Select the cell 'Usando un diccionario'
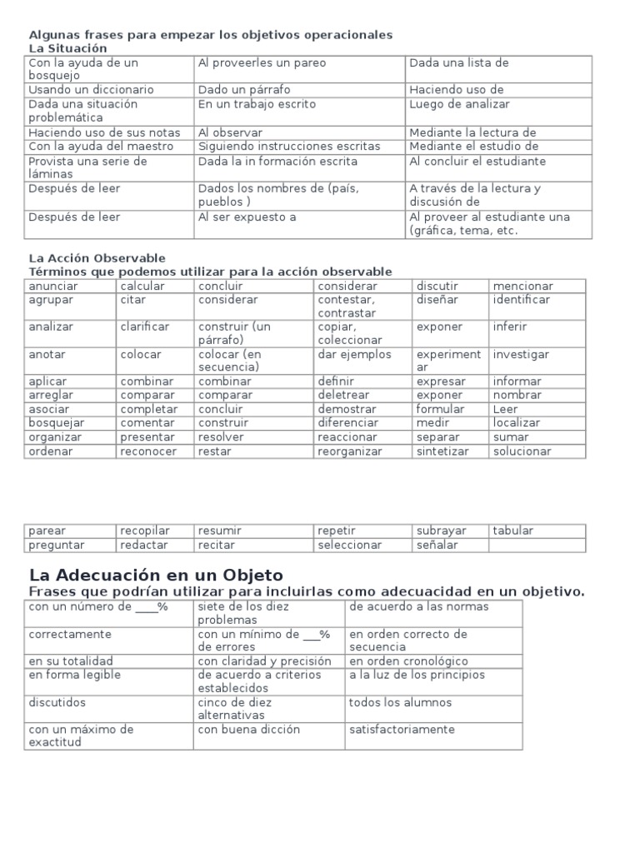91,90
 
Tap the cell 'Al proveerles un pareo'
262,63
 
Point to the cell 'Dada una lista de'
458,63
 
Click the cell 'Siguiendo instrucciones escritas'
288,147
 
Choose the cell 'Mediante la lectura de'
472,132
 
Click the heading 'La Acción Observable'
97,258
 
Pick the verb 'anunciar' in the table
52,287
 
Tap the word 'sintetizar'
442,451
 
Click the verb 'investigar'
521,355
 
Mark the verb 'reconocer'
148,451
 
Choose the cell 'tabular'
513,531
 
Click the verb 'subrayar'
442,531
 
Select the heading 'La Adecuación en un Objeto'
156,575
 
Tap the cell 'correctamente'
70,635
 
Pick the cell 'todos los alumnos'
400,703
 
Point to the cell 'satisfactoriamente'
402,730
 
